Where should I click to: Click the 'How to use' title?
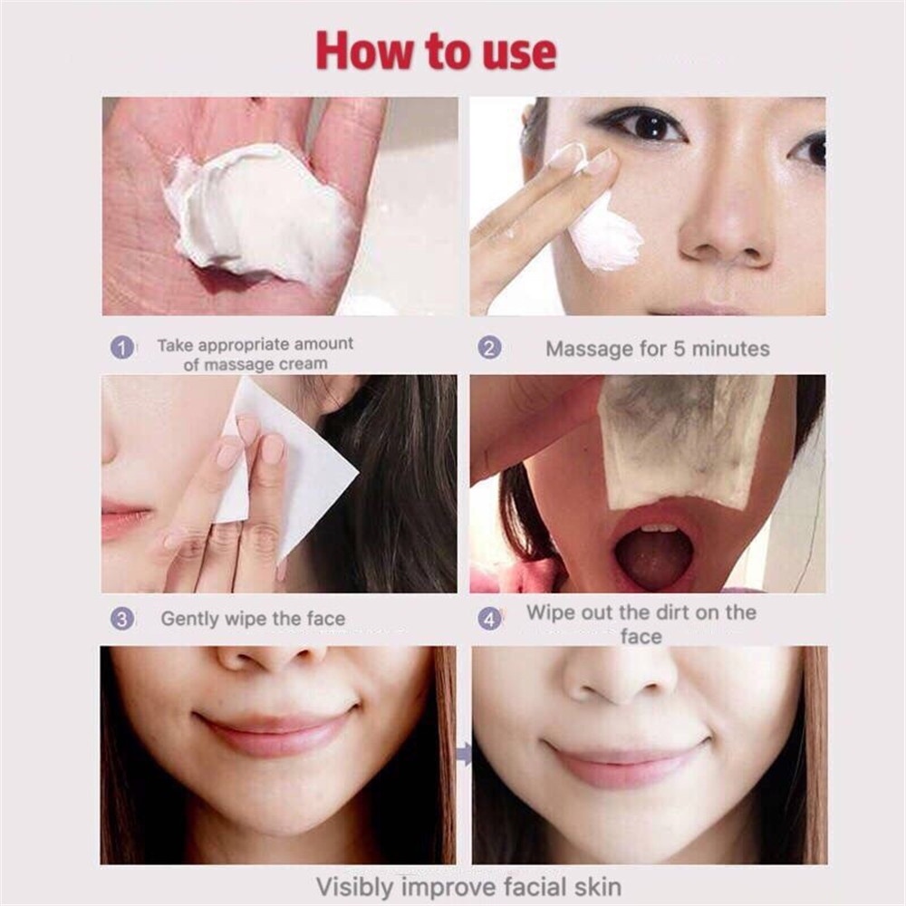(437, 51)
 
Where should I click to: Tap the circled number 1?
(122, 348)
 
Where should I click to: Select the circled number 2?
(489, 348)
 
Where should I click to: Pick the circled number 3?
(122, 619)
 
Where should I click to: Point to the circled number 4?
(489, 619)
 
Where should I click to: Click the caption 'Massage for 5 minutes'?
(658, 349)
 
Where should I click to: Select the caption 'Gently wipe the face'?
(253, 619)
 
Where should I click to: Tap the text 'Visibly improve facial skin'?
(468, 886)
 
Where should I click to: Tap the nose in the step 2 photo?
(725, 226)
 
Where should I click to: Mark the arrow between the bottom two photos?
(464, 754)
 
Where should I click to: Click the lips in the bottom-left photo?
(276, 731)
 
